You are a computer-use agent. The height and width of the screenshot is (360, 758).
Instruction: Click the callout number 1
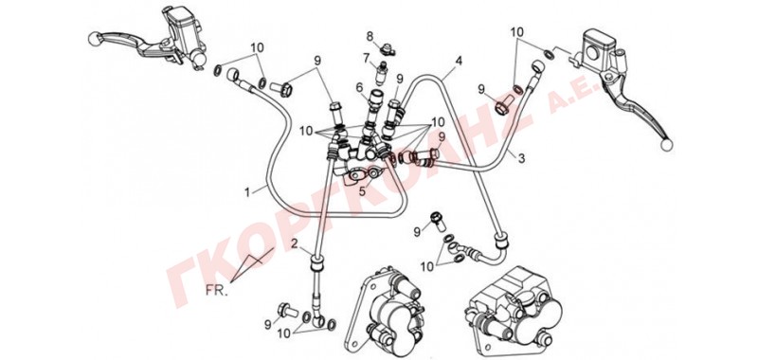click(x=247, y=192)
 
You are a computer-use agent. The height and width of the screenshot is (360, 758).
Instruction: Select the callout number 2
click(x=295, y=243)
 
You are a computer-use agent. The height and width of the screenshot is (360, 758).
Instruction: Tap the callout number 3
click(x=521, y=158)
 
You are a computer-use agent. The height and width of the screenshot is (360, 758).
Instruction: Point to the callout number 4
click(x=459, y=62)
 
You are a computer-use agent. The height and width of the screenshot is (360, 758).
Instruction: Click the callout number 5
click(x=362, y=191)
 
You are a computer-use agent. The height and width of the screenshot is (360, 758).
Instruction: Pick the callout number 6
click(x=359, y=87)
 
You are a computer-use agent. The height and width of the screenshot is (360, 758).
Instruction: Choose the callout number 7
click(x=366, y=59)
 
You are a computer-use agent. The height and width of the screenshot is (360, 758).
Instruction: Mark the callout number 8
click(x=370, y=36)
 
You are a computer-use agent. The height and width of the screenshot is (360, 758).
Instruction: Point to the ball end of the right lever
click(x=666, y=144)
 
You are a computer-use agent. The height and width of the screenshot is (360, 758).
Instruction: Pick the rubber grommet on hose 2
click(x=316, y=265)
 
